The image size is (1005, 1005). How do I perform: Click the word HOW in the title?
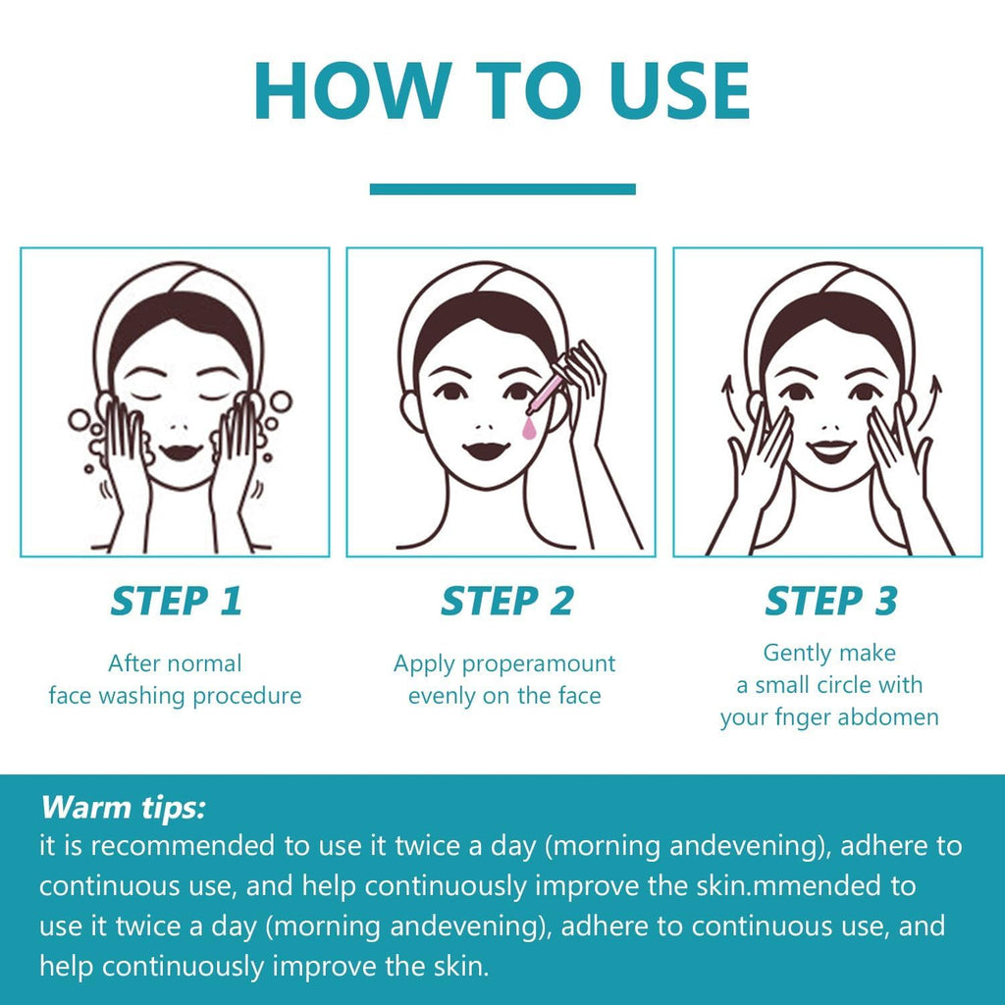click(x=350, y=90)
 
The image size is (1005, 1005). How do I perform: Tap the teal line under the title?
click(x=502, y=189)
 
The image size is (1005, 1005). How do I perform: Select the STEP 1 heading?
click(x=177, y=602)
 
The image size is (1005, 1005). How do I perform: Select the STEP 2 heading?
click(x=506, y=602)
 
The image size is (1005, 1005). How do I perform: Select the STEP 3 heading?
click(x=831, y=602)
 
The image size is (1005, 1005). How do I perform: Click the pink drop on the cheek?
click(x=528, y=428)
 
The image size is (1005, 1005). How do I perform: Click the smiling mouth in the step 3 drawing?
click(x=830, y=450)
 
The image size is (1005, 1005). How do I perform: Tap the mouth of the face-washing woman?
click(x=181, y=451)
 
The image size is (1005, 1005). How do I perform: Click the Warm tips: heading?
click(x=123, y=807)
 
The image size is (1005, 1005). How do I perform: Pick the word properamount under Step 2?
click(x=539, y=664)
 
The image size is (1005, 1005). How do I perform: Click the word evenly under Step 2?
click(x=442, y=697)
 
